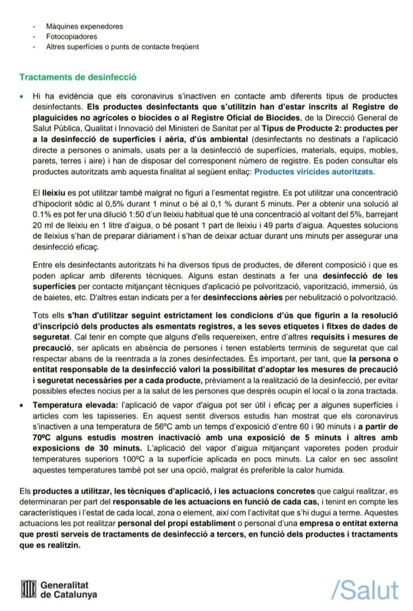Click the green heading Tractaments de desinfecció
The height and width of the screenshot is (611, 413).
78,78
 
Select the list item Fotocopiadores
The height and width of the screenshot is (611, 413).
73,36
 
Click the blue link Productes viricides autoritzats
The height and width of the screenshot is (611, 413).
314,171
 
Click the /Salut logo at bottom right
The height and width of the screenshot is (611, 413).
364,591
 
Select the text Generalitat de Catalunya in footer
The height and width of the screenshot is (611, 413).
69,590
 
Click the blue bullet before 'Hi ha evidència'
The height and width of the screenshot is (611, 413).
21,95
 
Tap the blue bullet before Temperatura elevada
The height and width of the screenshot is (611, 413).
21,405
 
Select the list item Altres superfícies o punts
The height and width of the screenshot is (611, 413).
116,47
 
